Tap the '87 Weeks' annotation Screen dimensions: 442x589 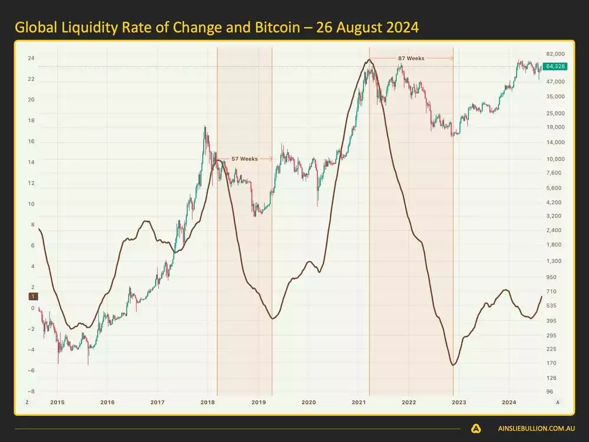click(x=411, y=58)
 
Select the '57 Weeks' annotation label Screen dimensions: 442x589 click(x=244, y=159)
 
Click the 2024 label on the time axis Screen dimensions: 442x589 click(x=509, y=402)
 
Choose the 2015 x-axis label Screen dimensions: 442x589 click(x=57, y=402)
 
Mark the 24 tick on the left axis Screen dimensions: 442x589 click(x=31, y=58)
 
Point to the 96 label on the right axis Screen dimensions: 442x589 click(x=550, y=391)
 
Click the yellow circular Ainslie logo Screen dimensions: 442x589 click(x=476, y=428)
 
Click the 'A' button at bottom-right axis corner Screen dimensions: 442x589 click(x=557, y=402)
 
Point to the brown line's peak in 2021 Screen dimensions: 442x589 click(x=369, y=60)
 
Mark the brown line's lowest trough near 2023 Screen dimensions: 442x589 click(x=453, y=365)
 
